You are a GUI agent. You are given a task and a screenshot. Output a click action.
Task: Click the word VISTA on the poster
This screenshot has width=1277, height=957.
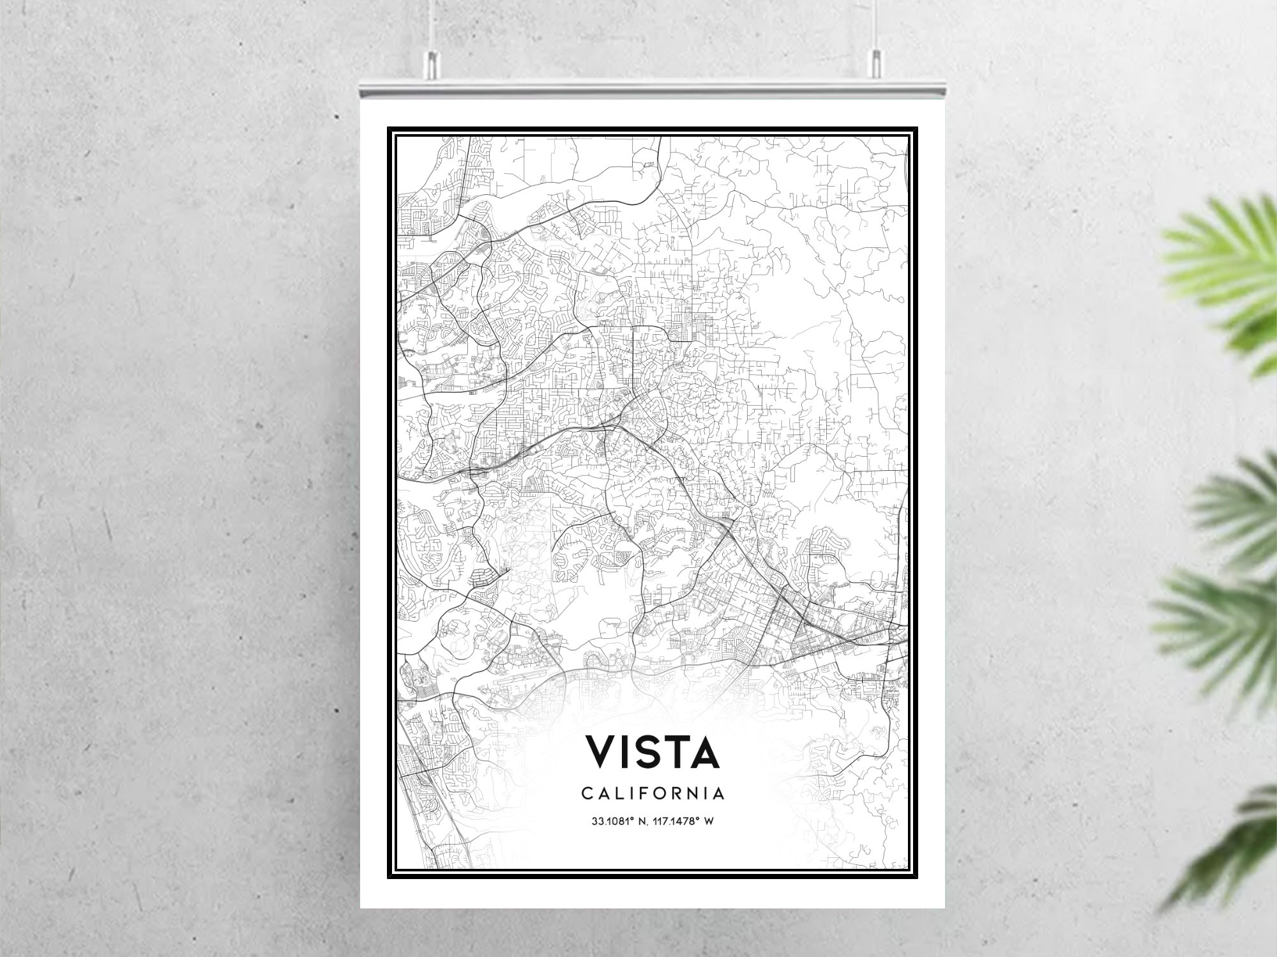[653, 752]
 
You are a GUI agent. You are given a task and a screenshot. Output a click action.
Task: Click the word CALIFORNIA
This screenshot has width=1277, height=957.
[653, 793]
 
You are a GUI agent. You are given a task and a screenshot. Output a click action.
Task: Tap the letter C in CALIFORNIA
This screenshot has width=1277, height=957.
[586, 793]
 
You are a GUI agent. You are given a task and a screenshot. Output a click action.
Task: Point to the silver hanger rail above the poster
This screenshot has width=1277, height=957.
[653, 89]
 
